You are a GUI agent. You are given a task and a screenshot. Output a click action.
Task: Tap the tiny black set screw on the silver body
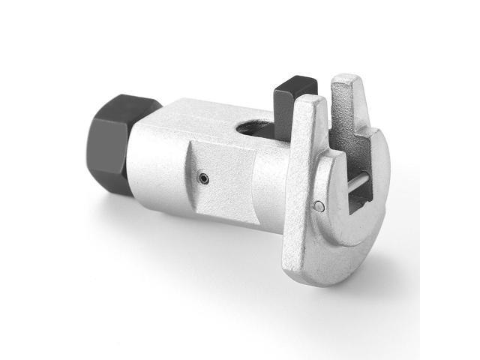coord(202,178)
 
